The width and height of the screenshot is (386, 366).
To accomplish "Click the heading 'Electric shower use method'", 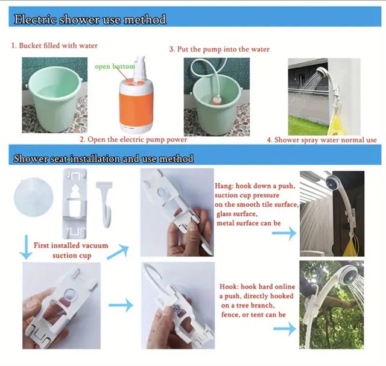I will tap(90, 19).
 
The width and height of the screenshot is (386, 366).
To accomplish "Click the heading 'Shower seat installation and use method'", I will tap(104, 159).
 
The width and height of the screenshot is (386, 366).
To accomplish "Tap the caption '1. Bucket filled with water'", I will tap(54, 45).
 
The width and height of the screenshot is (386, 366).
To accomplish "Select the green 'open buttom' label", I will tap(115, 66).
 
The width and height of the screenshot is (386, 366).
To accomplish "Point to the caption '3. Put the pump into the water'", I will tap(219, 49).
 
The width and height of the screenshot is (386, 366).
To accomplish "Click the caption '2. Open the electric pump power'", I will tap(133, 139).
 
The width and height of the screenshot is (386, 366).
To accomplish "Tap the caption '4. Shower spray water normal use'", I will tap(322, 140).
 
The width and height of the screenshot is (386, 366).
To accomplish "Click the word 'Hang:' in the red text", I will tap(225, 187).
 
